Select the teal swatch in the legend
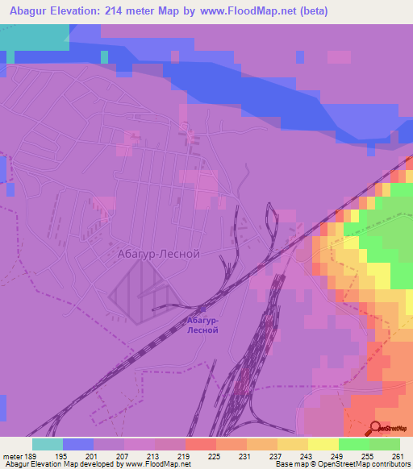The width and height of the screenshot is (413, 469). pos(48,444)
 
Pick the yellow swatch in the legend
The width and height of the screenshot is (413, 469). pos(323,444)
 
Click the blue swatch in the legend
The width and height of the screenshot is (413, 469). pos(78,444)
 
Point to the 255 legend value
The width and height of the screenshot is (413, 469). pos(367,455)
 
